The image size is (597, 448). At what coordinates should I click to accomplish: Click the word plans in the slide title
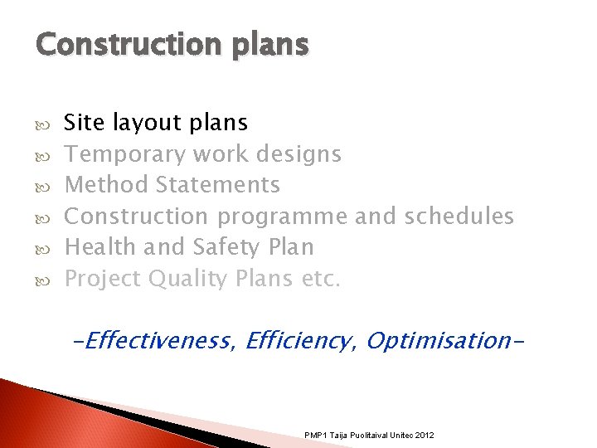[x=272, y=45]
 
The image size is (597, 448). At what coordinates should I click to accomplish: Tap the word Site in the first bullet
[x=84, y=123]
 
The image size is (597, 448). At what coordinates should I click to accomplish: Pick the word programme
[x=282, y=217]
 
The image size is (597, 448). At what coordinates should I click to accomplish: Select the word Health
[x=100, y=247]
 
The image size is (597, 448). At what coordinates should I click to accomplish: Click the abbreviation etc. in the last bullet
[x=321, y=279]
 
